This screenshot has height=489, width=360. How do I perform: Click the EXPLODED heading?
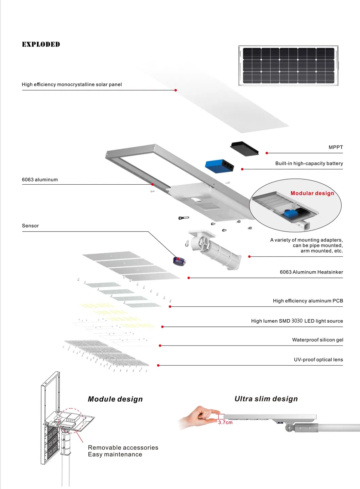pos(41,45)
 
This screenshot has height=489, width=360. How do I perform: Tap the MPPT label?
pos(336,147)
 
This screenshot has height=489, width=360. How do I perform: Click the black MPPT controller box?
pos(244,149)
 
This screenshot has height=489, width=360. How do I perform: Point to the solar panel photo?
pos(288,66)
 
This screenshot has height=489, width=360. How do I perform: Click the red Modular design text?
pos(312,193)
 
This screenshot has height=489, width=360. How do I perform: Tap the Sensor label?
pos(30,226)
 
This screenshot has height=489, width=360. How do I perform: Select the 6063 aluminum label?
pos(40,180)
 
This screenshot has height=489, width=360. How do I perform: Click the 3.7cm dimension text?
pos(225,422)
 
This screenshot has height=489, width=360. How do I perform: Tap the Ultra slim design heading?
pos(266,399)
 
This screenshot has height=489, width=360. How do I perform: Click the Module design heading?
pos(115,399)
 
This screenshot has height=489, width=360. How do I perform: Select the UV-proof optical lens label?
pos(318,359)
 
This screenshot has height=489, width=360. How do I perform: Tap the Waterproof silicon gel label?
pos(318,340)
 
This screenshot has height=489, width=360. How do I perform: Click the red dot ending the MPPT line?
pos(267,153)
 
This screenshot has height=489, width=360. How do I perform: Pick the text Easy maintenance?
pos(115,455)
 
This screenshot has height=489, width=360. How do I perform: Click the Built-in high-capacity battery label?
pos(309,163)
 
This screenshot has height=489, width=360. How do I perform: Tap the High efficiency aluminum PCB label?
pos(308,301)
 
